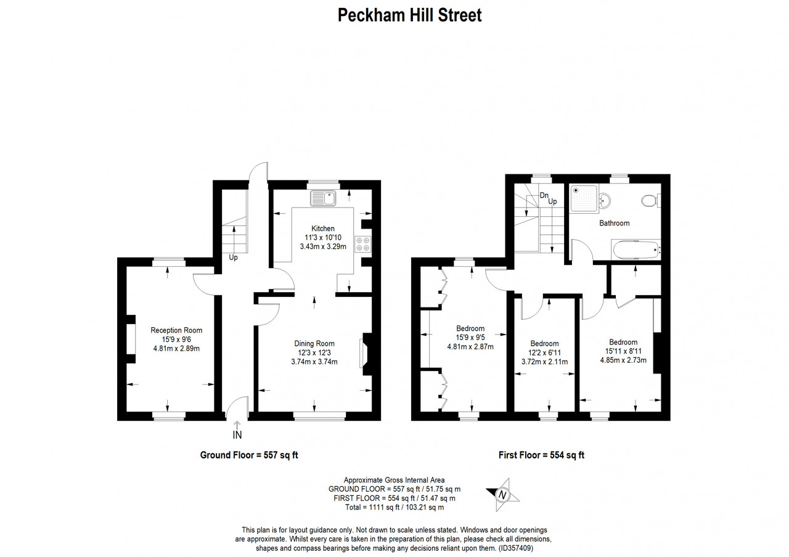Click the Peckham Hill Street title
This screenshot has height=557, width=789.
[x=410, y=15]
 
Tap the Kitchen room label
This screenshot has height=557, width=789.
[x=322, y=229]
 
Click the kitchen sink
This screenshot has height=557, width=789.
[x=323, y=198]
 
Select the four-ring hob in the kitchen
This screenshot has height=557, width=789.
[x=363, y=244]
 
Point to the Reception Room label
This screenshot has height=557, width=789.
[x=176, y=330]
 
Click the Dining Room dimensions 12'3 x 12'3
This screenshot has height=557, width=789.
[x=314, y=352]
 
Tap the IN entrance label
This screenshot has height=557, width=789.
[x=237, y=435]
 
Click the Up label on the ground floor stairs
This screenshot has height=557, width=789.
[x=233, y=258]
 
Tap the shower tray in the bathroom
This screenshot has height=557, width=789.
[x=584, y=198]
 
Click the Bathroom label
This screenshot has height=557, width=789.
[x=615, y=223]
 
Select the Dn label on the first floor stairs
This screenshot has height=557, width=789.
[x=544, y=195]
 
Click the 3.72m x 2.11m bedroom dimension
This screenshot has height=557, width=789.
[x=544, y=362]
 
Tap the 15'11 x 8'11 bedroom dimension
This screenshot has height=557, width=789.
[x=623, y=351]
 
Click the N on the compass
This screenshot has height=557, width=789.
[x=502, y=495]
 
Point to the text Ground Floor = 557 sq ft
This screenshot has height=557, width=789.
[x=249, y=455]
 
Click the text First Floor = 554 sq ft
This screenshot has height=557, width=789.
[x=541, y=455]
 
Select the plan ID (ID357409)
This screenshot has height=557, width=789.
[x=515, y=548]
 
